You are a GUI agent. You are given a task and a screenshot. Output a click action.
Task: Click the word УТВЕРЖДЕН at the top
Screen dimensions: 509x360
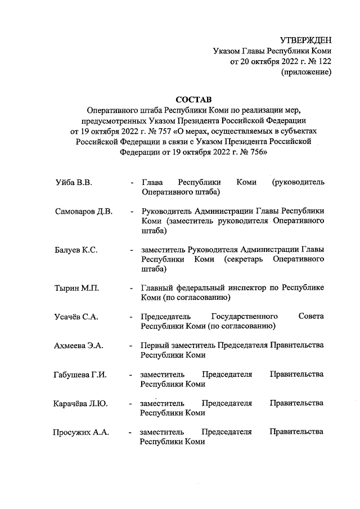coord(306,40)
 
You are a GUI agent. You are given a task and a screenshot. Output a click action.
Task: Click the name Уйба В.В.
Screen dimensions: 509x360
coord(74,183)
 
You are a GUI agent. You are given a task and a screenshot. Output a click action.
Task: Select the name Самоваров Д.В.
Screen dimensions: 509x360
coord(84,212)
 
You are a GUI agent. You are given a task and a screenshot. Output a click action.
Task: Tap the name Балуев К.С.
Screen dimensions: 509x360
coord(76,250)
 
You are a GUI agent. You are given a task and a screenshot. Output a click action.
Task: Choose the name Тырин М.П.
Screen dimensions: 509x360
coord(77,289)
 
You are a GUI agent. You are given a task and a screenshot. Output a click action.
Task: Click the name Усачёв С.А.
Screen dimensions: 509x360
coord(78,317)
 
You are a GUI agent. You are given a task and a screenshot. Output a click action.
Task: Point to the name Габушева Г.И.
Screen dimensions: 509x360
coord(81,375)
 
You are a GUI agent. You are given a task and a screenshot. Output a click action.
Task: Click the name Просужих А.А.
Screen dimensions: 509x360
coord(82,433)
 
